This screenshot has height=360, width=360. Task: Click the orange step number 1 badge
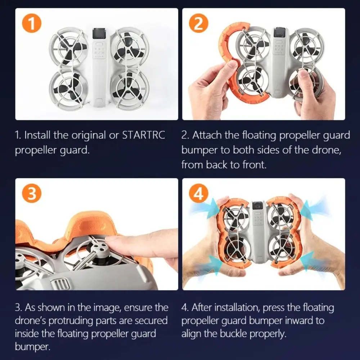[x=32, y=23]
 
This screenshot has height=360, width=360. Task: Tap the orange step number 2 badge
[x=198, y=23]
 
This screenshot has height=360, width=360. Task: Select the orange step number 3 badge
[x=32, y=193]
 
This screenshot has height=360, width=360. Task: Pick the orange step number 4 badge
[x=198, y=193]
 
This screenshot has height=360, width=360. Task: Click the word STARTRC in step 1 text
[x=144, y=135]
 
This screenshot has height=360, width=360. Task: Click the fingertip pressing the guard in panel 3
[x=110, y=239]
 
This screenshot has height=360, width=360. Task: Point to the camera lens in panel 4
[x=258, y=206]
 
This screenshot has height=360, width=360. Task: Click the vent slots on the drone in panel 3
[x=60, y=284]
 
